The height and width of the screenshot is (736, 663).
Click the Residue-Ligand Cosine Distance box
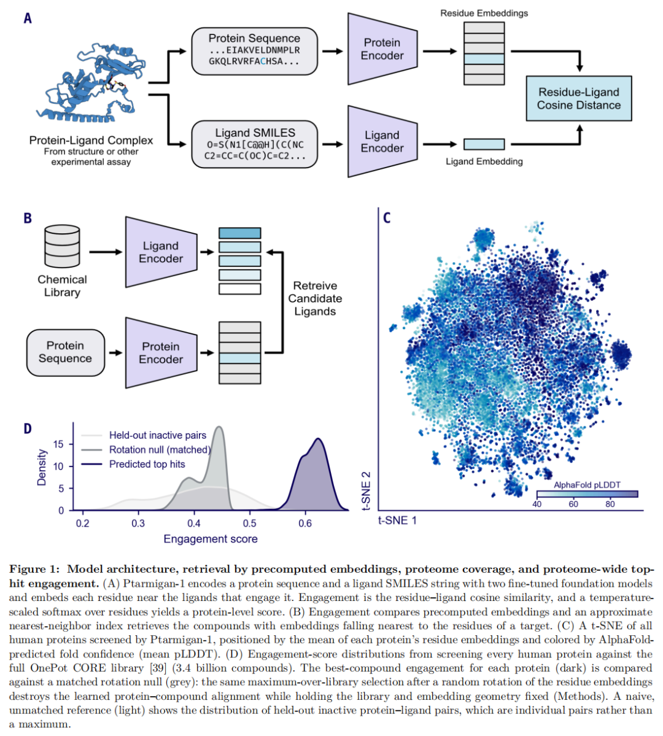(x=578, y=99)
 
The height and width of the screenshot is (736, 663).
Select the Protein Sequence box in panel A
(x=255, y=51)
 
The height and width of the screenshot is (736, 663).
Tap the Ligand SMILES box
(x=255, y=144)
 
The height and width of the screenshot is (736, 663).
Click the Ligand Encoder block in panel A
(x=382, y=142)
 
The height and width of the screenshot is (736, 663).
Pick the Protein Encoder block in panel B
(x=161, y=353)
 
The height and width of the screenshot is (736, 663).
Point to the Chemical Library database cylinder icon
(x=62, y=246)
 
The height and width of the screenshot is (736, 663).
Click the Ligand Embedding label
(x=484, y=161)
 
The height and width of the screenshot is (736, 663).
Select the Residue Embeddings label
(x=484, y=13)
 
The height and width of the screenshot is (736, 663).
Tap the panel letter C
(x=387, y=218)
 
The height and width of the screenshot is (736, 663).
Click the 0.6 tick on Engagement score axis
(x=305, y=523)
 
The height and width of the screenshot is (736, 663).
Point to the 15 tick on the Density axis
(x=58, y=444)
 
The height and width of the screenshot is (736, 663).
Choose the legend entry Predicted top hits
(x=147, y=464)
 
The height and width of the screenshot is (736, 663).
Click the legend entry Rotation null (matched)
(x=160, y=450)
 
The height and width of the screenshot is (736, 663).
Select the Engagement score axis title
(x=211, y=539)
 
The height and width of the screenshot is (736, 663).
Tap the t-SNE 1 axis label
(x=397, y=521)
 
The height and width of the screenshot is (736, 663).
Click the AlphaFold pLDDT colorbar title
(x=587, y=485)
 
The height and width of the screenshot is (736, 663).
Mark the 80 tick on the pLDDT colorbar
(x=610, y=504)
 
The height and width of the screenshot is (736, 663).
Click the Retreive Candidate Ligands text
(x=315, y=298)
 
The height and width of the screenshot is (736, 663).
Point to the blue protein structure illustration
(x=91, y=83)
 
